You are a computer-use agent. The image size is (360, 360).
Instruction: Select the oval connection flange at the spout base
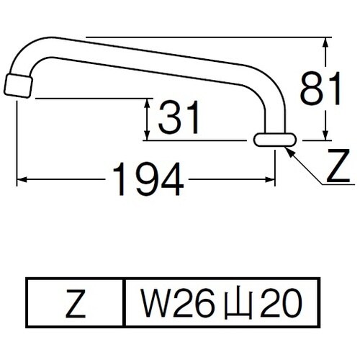[274, 140]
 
